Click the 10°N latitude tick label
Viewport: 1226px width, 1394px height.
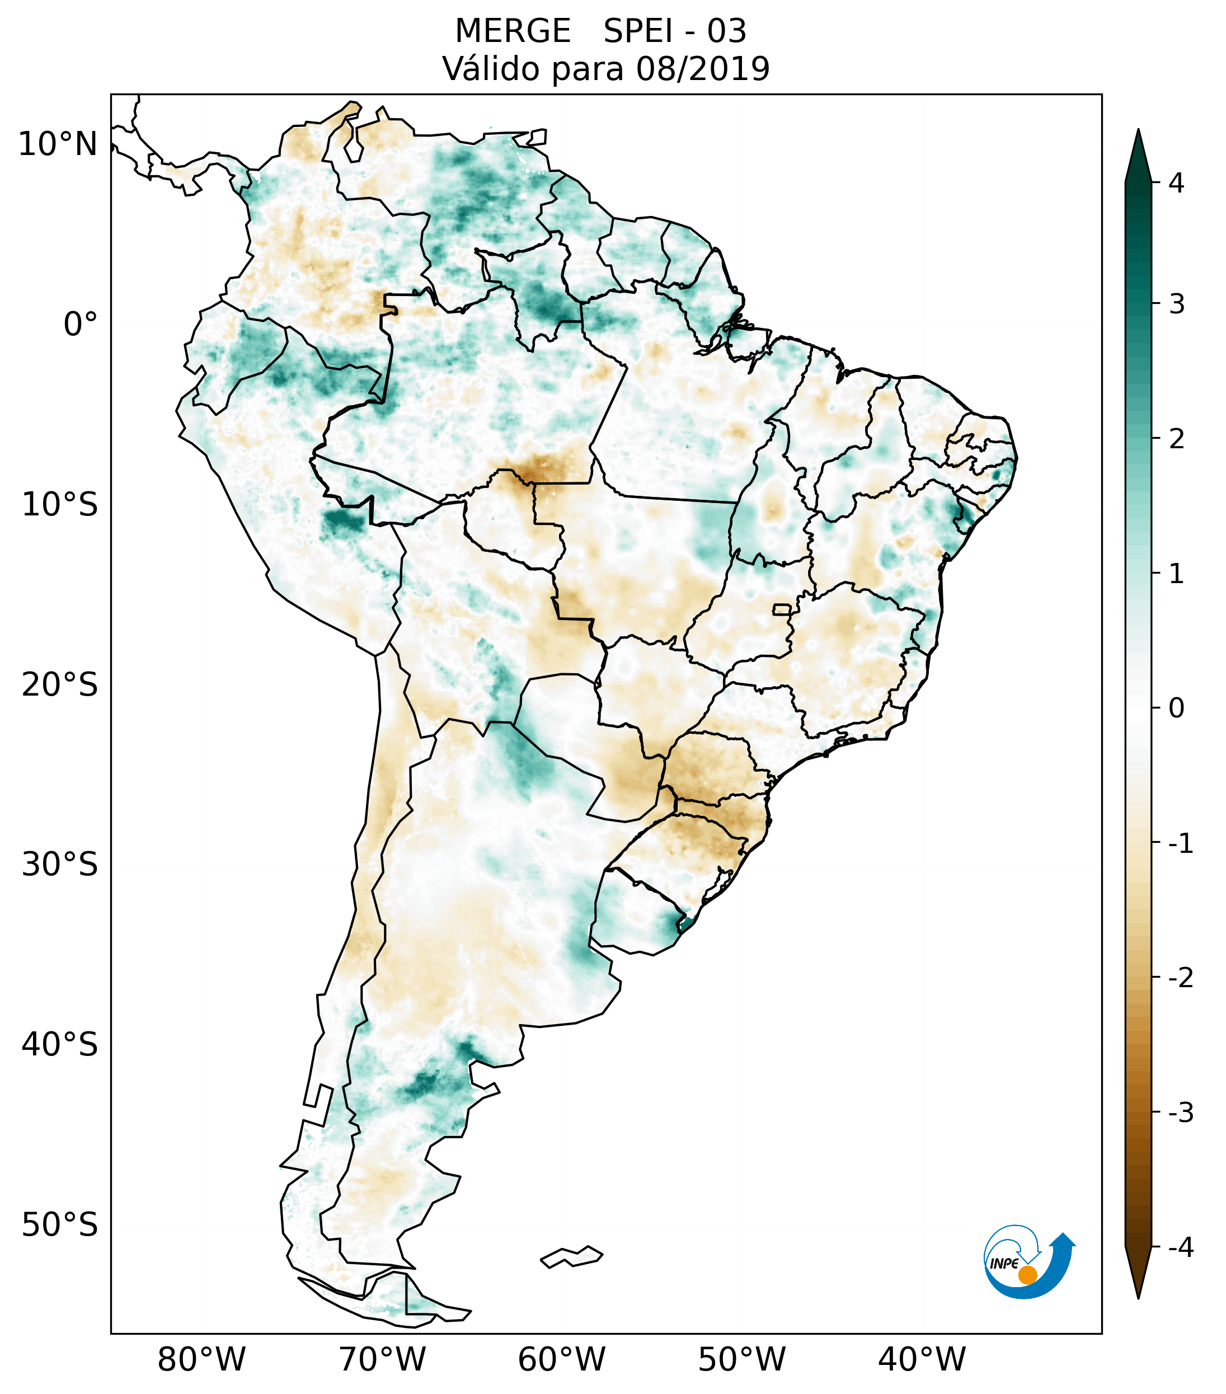58,144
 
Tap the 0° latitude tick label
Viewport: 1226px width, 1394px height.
81,325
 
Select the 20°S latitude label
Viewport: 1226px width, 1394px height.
60,685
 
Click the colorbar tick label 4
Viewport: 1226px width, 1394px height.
1176,183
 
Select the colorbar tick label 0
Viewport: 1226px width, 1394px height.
1176,708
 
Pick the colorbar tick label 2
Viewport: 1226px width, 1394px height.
1176,439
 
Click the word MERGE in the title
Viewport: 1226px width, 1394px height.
513,31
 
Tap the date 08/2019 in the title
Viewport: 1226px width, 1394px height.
702,69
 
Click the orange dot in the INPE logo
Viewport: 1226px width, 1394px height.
1027,1275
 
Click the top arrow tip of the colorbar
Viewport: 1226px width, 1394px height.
1138,131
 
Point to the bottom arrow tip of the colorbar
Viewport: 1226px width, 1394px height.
1138,1297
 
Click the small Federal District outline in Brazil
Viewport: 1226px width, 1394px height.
782,609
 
